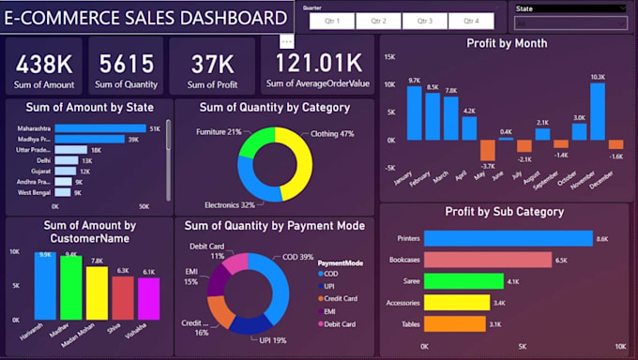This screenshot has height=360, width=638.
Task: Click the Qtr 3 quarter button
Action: (425, 21)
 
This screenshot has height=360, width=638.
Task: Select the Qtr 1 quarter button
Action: (332, 21)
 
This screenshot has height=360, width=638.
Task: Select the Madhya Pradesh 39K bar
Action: (89, 139)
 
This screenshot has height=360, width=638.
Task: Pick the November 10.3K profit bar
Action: (598, 112)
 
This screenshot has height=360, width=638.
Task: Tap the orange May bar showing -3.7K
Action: (487, 150)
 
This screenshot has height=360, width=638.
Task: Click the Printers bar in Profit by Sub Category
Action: (508, 238)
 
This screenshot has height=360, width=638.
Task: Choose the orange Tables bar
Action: (454, 323)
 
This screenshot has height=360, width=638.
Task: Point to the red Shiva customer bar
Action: (123, 298)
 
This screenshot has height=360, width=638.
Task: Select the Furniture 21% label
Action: (219, 132)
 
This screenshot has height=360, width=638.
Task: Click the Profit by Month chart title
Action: (507, 43)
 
